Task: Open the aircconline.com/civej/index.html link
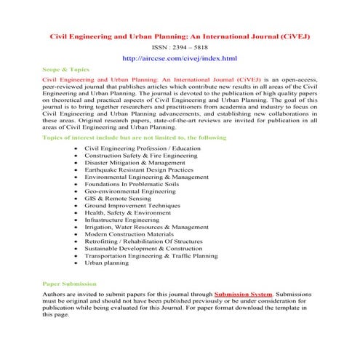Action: pos(180,57)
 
